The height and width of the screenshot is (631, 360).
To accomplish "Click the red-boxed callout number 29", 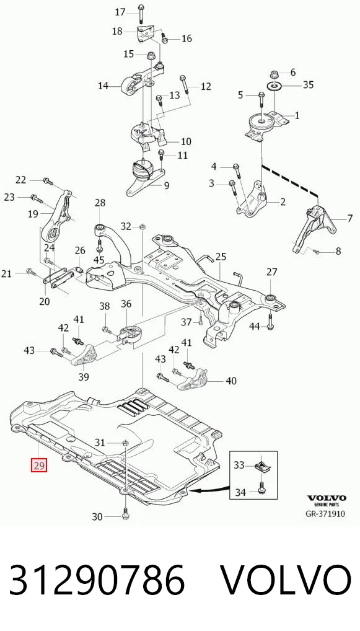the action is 40,466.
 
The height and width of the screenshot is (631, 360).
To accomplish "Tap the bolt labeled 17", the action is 141,14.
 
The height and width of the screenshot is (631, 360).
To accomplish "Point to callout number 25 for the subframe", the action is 221,257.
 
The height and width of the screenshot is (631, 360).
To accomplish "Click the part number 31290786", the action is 97,580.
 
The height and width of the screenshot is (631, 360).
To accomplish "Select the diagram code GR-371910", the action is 325,514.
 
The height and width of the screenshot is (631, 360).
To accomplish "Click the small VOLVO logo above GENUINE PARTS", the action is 326,498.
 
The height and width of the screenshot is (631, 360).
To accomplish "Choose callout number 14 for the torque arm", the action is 103,86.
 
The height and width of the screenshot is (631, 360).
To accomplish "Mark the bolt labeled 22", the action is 48,181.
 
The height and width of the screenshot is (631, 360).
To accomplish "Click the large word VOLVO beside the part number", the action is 287,580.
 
